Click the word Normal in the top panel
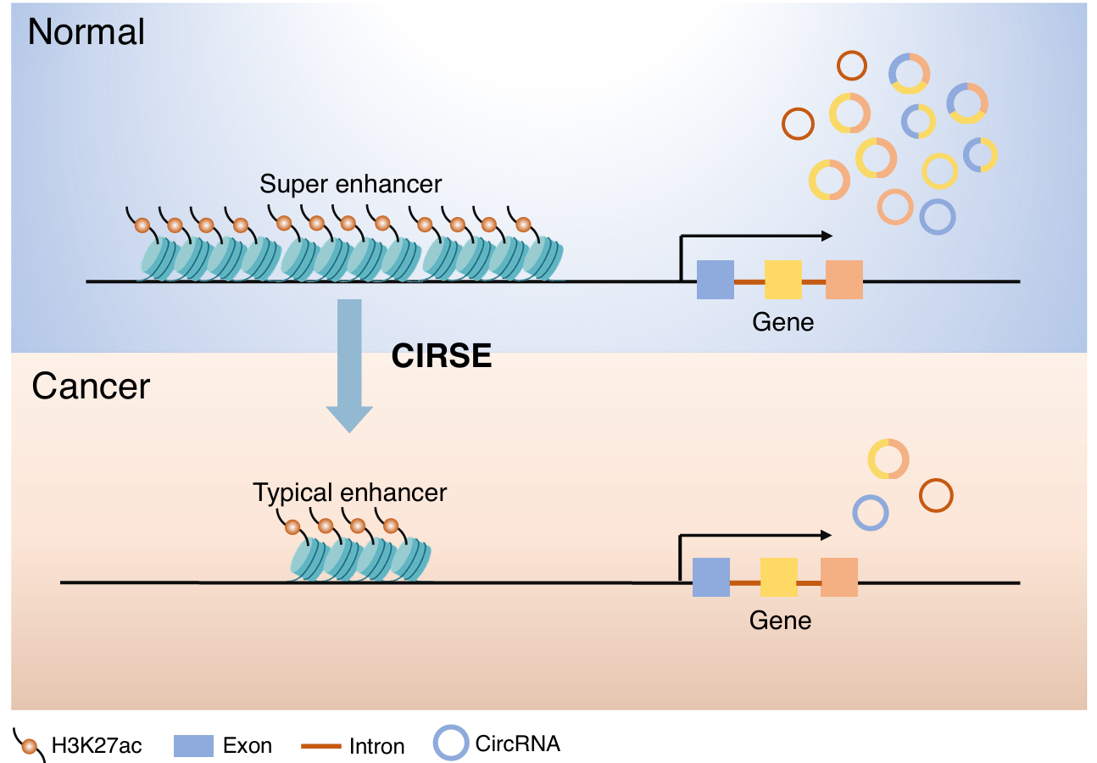(x=86, y=32)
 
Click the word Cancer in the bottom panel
(x=91, y=387)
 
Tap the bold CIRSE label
(x=442, y=356)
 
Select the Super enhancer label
(x=351, y=184)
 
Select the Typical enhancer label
(x=350, y=493)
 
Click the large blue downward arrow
(x=349, y=365)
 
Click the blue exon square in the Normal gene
(x=715, y=280)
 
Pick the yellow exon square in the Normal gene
(x=782, y=280)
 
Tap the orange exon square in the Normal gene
(x=844, y=280)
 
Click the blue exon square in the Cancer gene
(x=711, y=577)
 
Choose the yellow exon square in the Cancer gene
(x=778, y=577)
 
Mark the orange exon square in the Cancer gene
(x=839, y=577)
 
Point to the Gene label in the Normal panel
(x=783, y=322)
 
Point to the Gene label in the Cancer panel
(x=781, y=621)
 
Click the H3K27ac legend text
(x=97, y=746)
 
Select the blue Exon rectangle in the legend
(x=193, y=746)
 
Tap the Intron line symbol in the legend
(x=321, y=746)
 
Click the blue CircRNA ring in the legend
(x=450, y=744)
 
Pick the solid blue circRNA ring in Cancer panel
(x=870, y=513)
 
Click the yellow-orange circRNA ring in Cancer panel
(x=888, y=459)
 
